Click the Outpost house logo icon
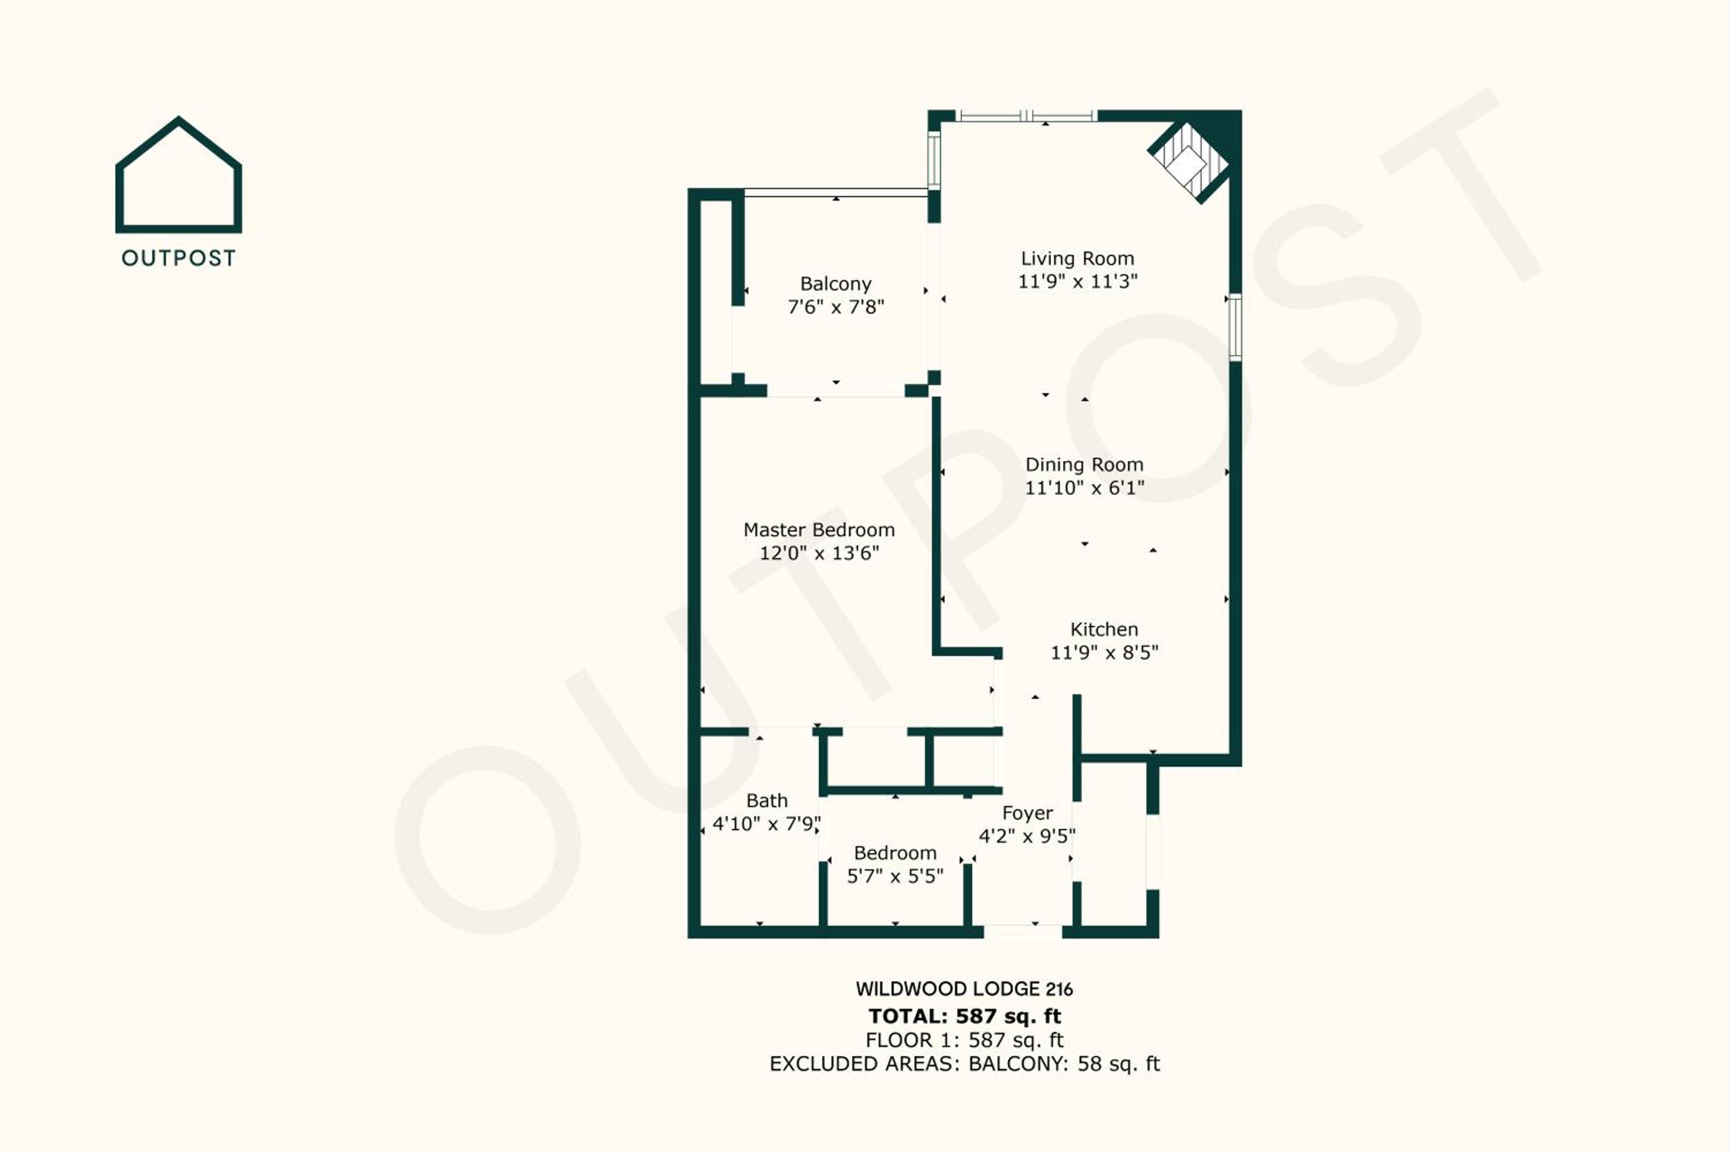click(x=179, y=176)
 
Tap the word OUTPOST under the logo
click(x=179, y=258)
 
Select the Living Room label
click(x=1078, y=259)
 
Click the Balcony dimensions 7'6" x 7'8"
click(x=836, y=307)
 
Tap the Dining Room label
click(x=1085, y=465)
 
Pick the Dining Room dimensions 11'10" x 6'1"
click(x=1085, y=488)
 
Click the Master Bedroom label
click(x=819, y=530)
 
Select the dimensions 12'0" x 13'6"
click(x=819, y=553)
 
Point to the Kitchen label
click(x=1104, y=630)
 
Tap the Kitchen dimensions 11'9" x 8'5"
click(x=1104, y=652)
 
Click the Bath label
click(x=766, y=801)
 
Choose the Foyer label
click(x=1028, y=813)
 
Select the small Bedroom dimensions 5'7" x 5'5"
click(x=895, y=876)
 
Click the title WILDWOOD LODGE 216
click(x=964, y=989)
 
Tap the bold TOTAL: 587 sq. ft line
click(x=964, y=1016)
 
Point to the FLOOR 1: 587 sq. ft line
click(x=964, y=1041)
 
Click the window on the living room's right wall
click(x=1236, y=327)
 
